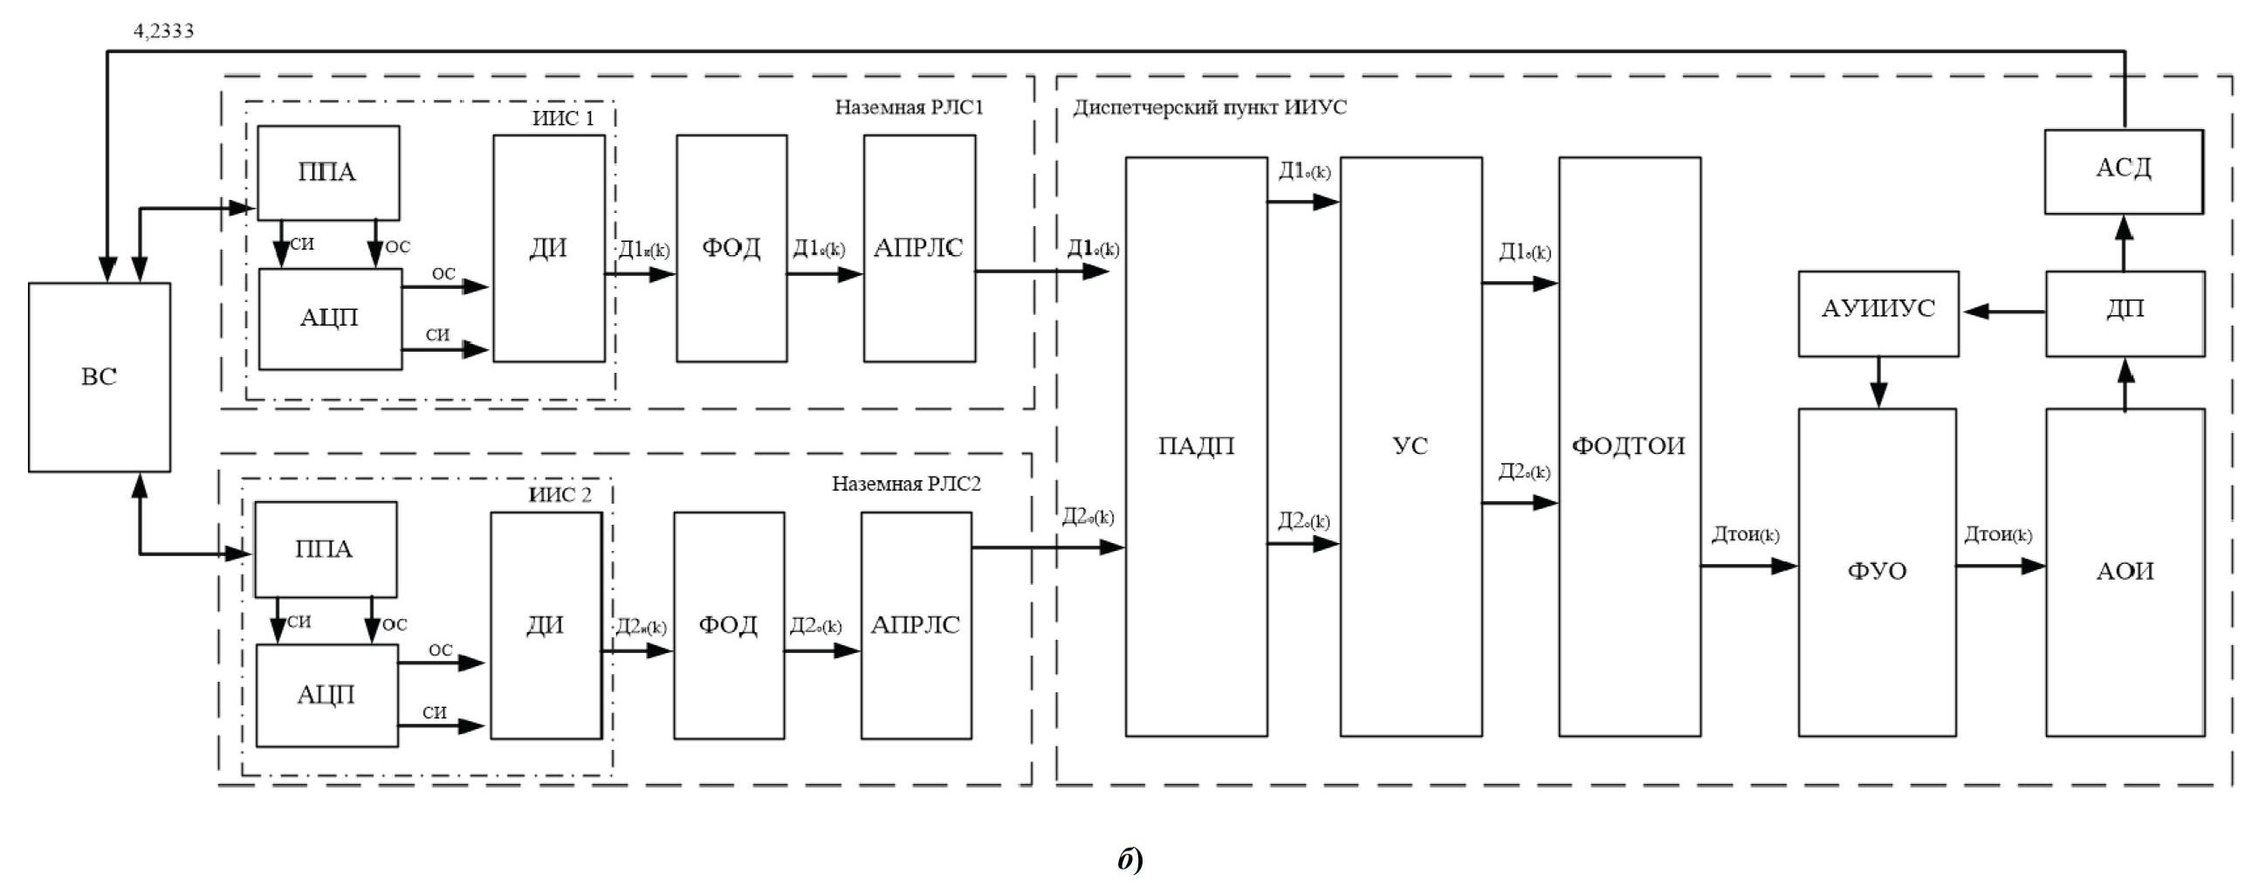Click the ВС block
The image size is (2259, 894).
pos(100,377)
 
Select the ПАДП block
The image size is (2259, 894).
pos(1196,446)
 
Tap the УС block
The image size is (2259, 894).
pos(1410,446)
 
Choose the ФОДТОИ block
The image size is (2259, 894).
pos(1629,446)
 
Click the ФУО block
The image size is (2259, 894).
pos(1877,572)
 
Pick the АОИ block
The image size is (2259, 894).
pos(2125,572)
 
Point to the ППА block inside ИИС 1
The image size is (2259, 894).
pos(327,172)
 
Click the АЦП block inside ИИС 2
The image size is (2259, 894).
pos(326,696)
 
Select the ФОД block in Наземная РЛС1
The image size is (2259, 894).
pos(731,248)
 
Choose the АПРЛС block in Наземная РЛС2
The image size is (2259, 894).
pos(916,625)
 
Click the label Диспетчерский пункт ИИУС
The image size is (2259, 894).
pos(1209,108)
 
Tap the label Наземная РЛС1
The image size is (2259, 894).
pos(909,108)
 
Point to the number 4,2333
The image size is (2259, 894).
pos(164,31)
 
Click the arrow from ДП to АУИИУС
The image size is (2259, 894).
pos(2003,312)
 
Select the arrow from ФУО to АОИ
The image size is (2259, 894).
pos(2001,566)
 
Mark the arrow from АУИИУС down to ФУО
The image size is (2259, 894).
pos(1878,382)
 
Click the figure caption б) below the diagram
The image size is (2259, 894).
pos(1129,860)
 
